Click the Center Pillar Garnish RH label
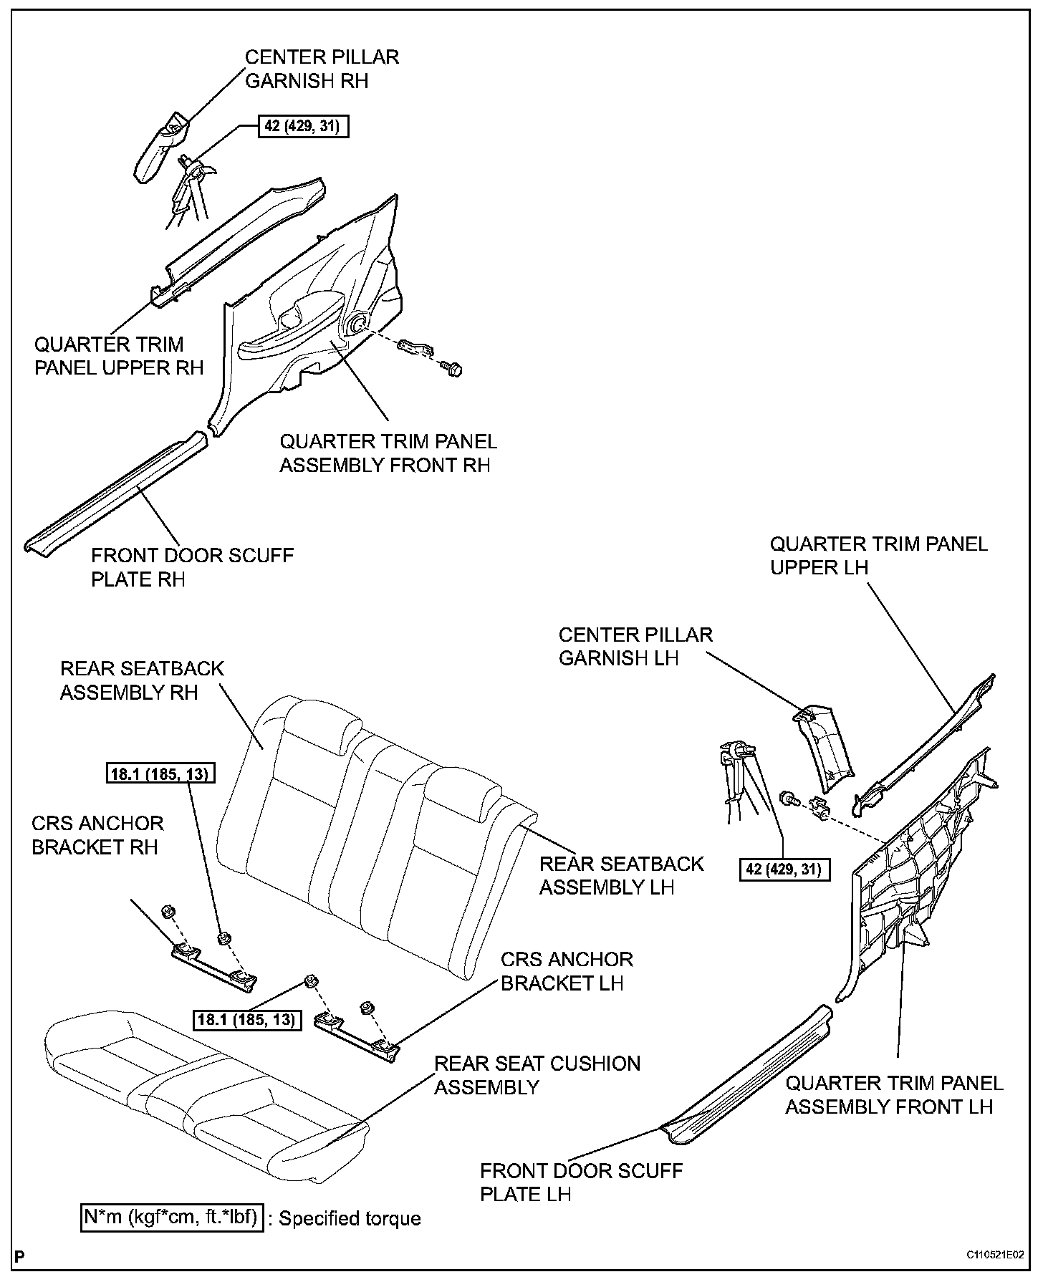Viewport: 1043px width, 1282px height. click(x=322, y=69)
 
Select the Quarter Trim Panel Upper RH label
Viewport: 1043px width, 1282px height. click(x=119, y=356)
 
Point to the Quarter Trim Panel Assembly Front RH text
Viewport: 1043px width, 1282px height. click(x=388, y=453)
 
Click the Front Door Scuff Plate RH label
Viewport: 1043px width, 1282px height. click(x=192, y=567)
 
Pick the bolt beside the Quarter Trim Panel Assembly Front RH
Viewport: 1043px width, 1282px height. click(x=453, y=368)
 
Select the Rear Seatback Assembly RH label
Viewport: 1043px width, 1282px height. click(x=142, y=680)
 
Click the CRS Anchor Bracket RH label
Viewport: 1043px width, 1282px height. click(x=97, y=835)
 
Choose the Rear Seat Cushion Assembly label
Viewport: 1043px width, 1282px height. click(x=537, y=1075)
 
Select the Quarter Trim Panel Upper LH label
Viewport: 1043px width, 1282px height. click(x=879, y=555)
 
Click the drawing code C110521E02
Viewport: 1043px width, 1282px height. click(x=994, y=1256)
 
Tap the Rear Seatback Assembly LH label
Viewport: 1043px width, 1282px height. click(x=621, y=875)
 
